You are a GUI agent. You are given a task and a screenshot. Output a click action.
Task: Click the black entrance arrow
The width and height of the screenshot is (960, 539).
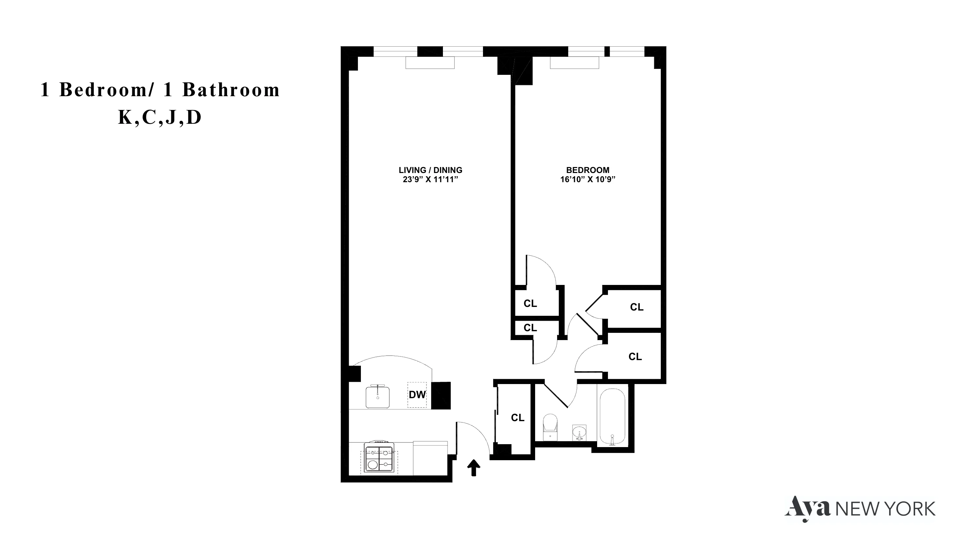(474, 468)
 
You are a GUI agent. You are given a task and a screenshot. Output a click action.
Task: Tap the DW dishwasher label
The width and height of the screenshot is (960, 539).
(417, 395)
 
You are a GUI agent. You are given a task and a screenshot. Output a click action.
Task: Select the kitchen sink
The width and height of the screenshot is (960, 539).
(378, 397)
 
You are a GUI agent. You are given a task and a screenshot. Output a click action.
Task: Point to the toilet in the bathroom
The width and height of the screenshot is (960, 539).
(550, 427)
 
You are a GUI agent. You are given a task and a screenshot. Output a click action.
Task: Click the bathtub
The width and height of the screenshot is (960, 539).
(612, 417)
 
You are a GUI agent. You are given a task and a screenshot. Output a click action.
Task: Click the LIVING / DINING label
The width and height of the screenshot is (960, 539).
(430, 170)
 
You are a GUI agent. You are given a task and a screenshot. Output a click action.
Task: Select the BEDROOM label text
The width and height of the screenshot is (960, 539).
(588, 170)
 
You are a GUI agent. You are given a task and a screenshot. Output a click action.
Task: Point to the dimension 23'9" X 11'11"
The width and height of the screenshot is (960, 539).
(430, 180)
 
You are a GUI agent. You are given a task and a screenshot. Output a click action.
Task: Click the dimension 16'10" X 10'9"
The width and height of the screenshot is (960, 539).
(588, 180)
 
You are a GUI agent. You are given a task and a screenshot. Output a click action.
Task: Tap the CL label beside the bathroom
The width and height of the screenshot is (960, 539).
(518, 418)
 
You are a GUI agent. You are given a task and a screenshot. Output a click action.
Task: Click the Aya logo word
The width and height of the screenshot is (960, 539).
(808, 508)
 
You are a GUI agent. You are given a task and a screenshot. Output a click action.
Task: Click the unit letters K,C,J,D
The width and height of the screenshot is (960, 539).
(160, 118)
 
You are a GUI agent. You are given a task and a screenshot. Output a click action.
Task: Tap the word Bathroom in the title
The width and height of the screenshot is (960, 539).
(231, 90)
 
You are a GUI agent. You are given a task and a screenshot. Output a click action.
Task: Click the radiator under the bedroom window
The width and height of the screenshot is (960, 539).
(574, 63)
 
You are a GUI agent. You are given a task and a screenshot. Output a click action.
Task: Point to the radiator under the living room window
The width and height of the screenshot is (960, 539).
(430, 63)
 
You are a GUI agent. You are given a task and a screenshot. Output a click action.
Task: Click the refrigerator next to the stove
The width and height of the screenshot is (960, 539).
(430, 458)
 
